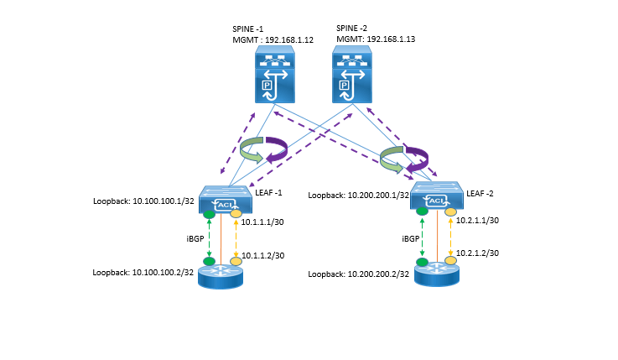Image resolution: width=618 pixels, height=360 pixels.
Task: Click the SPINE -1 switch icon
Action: pyautogui.click(x=275, y=75)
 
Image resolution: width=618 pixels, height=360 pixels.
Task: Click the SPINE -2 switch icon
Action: pyautogui.click(x=352, y=75)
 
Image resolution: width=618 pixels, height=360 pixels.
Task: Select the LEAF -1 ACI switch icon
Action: pyautogui.click(x=226, y=200)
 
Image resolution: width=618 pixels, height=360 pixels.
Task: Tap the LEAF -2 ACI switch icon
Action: pyautogui.click(x=437, y=196)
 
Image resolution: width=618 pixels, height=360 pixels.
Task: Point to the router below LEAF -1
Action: pyautogui.click(x=221, y=277)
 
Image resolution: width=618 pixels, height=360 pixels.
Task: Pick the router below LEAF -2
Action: pyautogui.click(x=437, y=274)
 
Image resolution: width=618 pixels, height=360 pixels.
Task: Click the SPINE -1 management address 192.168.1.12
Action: pyautogui.click(x=289, y=39)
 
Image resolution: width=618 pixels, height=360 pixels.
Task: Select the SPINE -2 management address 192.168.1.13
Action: pyautogui.click(x=391, y=39)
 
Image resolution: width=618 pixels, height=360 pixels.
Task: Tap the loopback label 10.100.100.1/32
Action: pyautogui.click(x=164, y=201)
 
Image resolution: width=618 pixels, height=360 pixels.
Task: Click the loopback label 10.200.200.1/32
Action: pyautogui.click(x=378, y=196)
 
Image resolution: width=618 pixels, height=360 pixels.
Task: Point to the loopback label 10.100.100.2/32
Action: pyautogui.click(x=163, y=273)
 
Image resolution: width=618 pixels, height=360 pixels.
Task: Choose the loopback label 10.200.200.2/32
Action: pyautogui.click(x=378, y=274)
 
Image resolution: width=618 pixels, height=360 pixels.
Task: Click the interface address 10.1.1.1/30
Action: pyautogui.click(x=262, y=222)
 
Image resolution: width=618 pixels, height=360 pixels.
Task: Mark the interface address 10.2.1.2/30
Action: pyautogui.click(x=477, y=253)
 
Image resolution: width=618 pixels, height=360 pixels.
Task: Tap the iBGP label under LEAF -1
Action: pyautogui.click(x=195, y=238)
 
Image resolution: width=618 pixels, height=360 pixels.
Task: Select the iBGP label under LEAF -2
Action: pyautogui.click(x=411, y=238)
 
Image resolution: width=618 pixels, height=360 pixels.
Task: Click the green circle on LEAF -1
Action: pyautogui.click(x=210, y=215)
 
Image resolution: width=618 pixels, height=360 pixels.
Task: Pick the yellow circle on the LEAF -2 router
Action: pyautogui.click(x=450, y=261)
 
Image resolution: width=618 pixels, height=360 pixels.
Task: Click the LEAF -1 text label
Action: pyautogui.click(x=269, y=193)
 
